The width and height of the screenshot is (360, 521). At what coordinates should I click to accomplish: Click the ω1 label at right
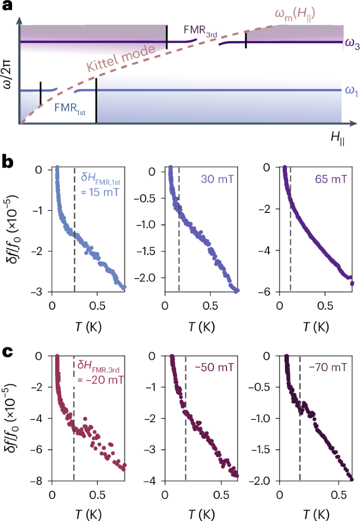click(x=352, y=91)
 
